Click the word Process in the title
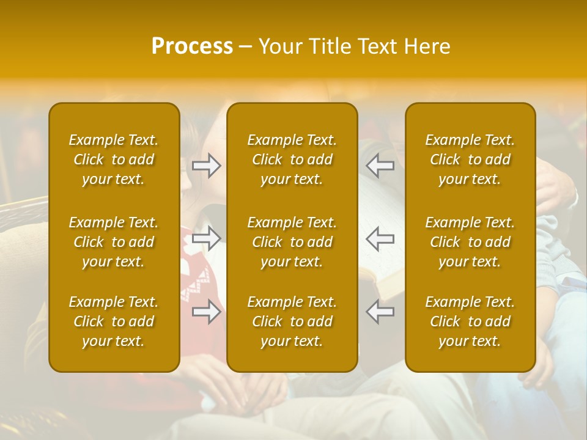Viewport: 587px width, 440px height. (x=192, y=46)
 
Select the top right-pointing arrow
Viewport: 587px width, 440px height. (x=207, y=166)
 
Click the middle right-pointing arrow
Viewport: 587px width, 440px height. (x=207, y=238)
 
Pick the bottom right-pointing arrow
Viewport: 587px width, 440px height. (x=207, y=312)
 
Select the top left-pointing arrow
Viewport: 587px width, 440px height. (x=380, y=166)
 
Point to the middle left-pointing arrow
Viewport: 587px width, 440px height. (x=380, y=238)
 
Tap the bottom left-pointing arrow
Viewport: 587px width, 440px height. (x=380, y=312)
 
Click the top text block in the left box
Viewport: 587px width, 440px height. (x=114, y=159)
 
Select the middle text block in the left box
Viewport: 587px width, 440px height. (x=114, y=242)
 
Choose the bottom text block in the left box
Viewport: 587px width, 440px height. (x=114, y=321)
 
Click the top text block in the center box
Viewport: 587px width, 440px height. (x=292, y=159)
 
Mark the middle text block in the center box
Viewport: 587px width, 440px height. (x=292, y=242)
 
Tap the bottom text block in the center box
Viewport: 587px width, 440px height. (x=292, y=321)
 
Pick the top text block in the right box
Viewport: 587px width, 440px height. (x=470, y=159)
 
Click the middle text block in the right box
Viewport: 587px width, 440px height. (x=470, y=242)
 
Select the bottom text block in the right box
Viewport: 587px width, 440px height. (x=470, y=321)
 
